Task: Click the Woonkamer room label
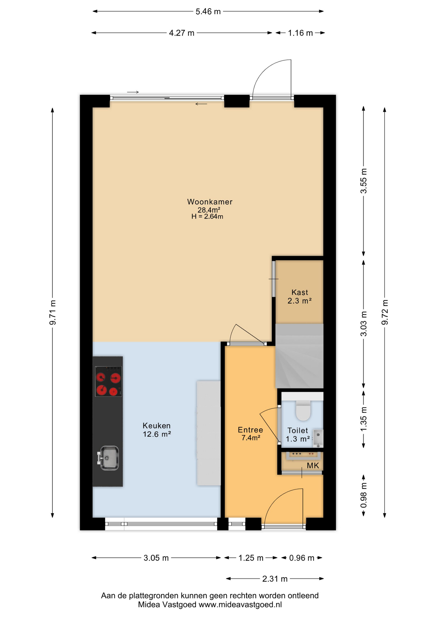[x=210, y=202]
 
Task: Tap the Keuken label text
[x=156, y=425]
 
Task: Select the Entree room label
[x=250, y=430]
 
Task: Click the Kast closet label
[x=300, y=292]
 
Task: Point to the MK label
[x=313, y=465]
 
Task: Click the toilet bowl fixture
[x=303, y=410]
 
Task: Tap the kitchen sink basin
[x=108, y=458]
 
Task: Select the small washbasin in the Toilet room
[x=318, y=438]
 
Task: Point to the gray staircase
[x=299, y=356]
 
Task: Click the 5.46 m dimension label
[x=208, y=12]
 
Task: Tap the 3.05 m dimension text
[x=156, y=558]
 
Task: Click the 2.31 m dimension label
[x=275, y=579]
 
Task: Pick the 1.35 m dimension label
[x=364, y=419]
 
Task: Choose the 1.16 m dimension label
[x=300, y=33]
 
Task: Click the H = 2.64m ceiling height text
[x=207, y=217]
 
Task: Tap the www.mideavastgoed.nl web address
[x=240, y=604]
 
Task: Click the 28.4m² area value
[x=209, y=210]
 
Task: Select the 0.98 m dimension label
[x=364, y=495]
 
